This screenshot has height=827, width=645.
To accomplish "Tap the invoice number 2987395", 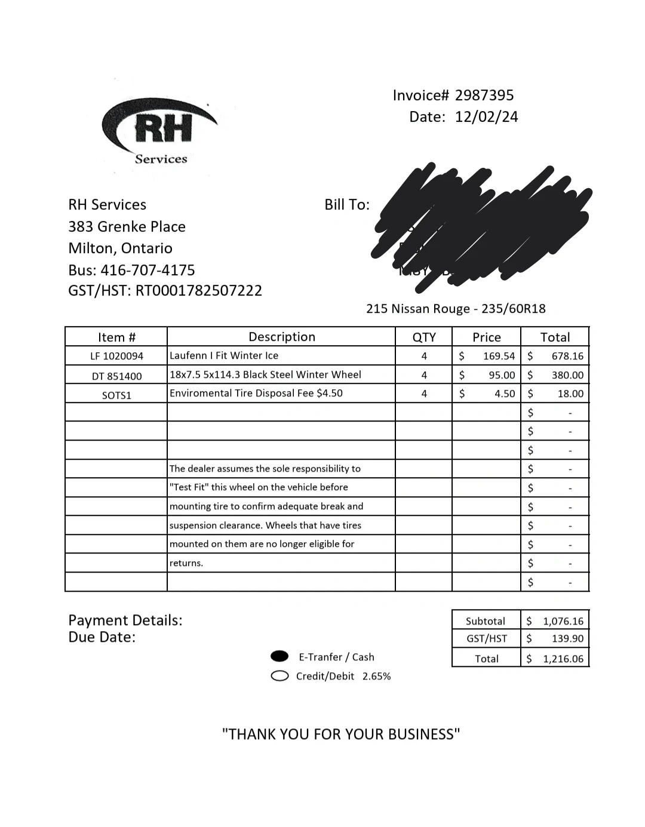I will [484, 96].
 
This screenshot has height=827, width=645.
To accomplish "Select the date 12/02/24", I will [486, 117].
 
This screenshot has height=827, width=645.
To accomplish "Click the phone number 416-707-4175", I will [148, 270].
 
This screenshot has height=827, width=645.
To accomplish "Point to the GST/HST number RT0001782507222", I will [199, 291].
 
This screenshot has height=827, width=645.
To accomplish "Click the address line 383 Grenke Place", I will [127, 227].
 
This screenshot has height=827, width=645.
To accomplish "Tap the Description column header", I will [281, 337].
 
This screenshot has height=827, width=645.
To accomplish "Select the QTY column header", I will [424, 337].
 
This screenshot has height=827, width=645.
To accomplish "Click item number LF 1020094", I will [116, 356].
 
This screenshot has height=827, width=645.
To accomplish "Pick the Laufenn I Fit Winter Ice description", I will [224, 356].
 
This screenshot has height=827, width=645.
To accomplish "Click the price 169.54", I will [499, 356].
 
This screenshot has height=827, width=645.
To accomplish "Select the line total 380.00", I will [567, 376].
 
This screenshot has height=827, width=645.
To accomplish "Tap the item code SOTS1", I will [116, 395].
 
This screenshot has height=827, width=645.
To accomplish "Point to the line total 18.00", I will [570, 394].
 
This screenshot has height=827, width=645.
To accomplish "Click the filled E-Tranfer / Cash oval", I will [279, 657].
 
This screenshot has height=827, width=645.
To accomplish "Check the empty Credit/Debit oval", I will [279, 676].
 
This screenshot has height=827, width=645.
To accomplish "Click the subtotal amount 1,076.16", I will [563, 621].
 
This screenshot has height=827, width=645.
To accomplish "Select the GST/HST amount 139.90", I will [567, 639].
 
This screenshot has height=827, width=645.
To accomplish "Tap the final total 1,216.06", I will [563, 659].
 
